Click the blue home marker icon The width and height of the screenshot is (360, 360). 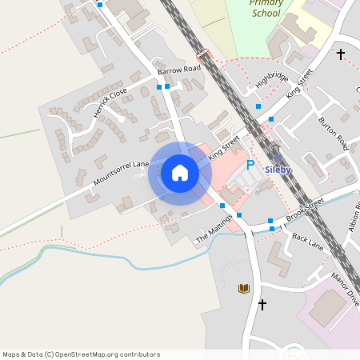179,173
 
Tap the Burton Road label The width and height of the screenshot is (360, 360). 333,133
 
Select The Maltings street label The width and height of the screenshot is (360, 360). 214,230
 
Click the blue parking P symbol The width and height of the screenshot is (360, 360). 250,165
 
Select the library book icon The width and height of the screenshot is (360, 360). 244,288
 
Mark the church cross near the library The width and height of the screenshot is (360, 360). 262,304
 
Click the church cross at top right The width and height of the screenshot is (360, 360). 340,54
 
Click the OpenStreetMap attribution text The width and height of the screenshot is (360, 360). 81,354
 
